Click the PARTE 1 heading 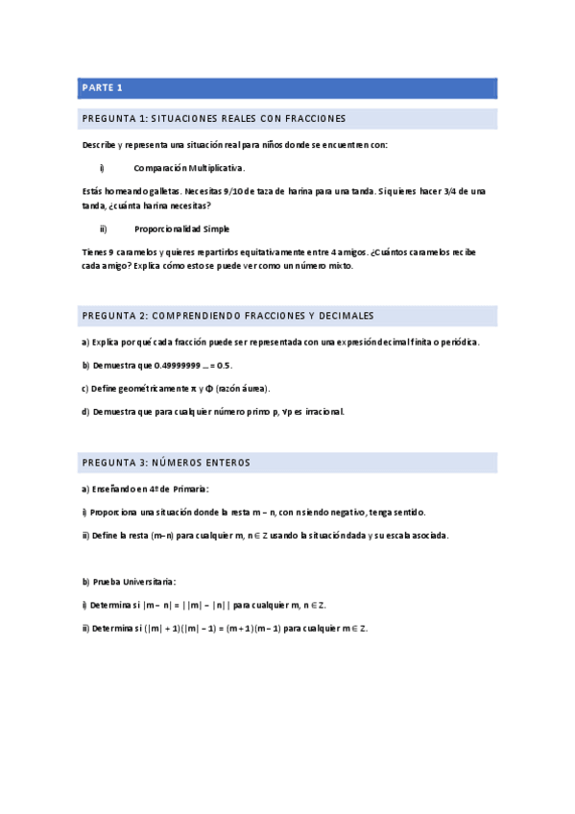pyautogui.click(x=102, y=88)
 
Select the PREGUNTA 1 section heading pyautogui.click(x=213, y=119)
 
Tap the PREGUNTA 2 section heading pyautogui.click(x=228, y=316)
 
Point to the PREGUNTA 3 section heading pyautogui.click(x=165, y=463)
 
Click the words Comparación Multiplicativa pyautogui.click(x=189, y=168)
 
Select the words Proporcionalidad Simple pyautogui.click(x=181, y=229)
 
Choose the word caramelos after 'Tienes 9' pyautogui.click(x=140, y=252)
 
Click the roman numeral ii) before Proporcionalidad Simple pyautogui.click(x=103, y=229)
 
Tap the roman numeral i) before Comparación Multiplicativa pyautogui.click(x=102, y=168)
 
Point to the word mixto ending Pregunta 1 pyautogui.click(x=338, y=267)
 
